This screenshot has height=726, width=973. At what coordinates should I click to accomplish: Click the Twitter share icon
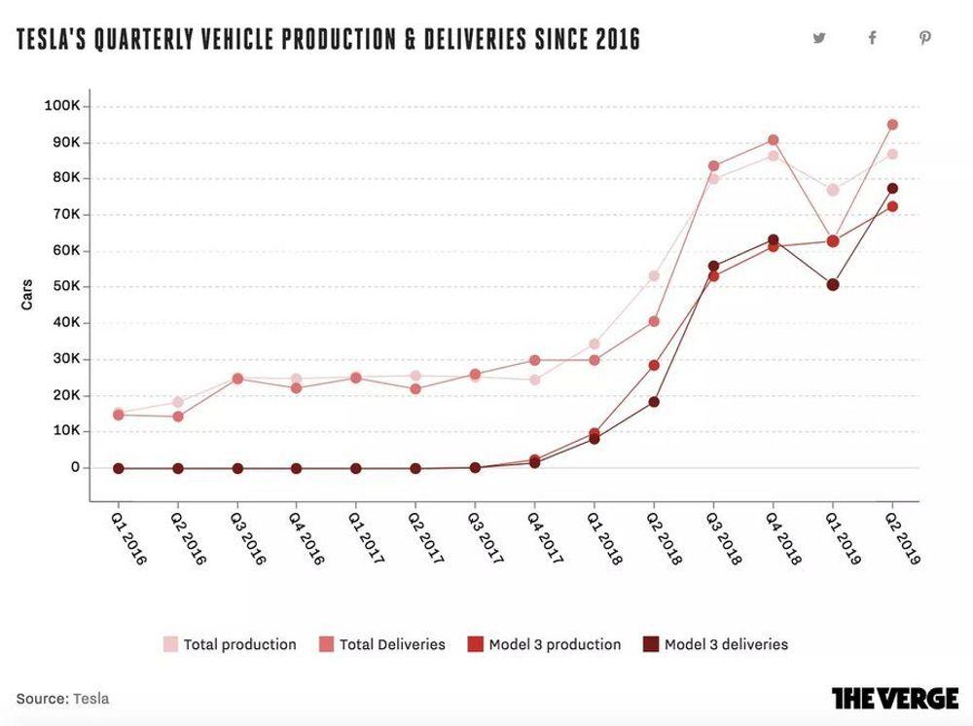[819, 38]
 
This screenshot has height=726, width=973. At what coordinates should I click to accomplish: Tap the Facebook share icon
[872, 38]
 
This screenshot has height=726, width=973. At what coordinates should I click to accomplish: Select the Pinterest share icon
[925, 38]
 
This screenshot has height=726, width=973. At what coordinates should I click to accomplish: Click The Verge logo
[894, 698]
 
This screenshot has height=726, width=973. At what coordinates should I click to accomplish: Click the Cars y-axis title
[27, 295]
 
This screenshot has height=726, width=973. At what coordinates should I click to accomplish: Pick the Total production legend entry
[230, 644]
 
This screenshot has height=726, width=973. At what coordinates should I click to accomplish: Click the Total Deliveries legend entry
[382, 644]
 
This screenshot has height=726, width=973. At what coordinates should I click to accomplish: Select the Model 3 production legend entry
[544, 644]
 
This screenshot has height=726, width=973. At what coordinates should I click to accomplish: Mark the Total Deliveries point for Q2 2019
[892, 125]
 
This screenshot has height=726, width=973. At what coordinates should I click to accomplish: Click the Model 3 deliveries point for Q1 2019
[833, 285]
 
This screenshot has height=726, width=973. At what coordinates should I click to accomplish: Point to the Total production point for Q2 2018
[654, 275]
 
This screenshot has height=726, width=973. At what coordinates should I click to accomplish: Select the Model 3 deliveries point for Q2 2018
[654, 402]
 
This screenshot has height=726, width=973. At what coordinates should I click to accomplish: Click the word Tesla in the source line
[90, 699]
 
